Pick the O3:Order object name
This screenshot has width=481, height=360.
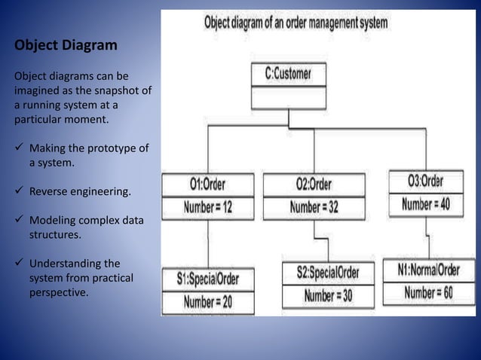(x=425, y=181)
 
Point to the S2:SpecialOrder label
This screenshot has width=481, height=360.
(x=328, y=272)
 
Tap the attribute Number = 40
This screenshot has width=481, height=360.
(x=427, y=203)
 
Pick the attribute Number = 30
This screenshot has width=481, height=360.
(x=328, y=295)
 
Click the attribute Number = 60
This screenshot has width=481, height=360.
(x=427, y=292)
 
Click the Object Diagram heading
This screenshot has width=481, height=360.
(x=66, y=46)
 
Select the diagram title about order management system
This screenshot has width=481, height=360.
(x=296, y=23)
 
